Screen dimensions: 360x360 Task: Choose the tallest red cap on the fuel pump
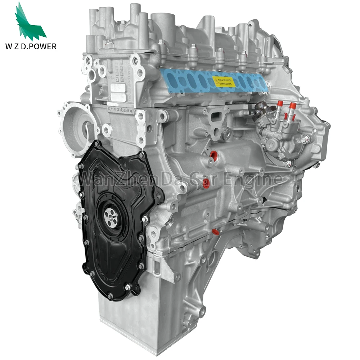292,106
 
